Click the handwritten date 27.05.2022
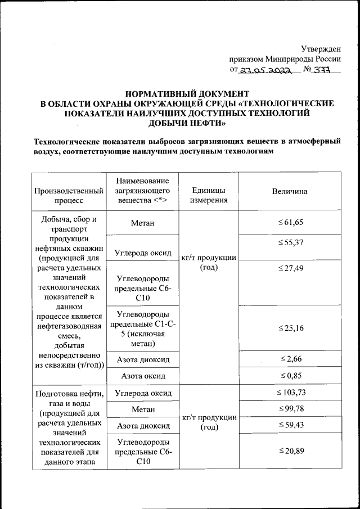[264, 70]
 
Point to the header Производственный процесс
[69, 196]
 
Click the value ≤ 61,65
[290, 223]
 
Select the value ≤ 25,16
[290, 328]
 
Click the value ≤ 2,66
[290, 358]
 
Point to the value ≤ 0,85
[290, 375]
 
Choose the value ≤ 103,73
[290, 392]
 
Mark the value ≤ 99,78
[290, 408]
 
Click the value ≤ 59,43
[290, 425]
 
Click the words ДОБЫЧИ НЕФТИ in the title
[186, 123]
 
